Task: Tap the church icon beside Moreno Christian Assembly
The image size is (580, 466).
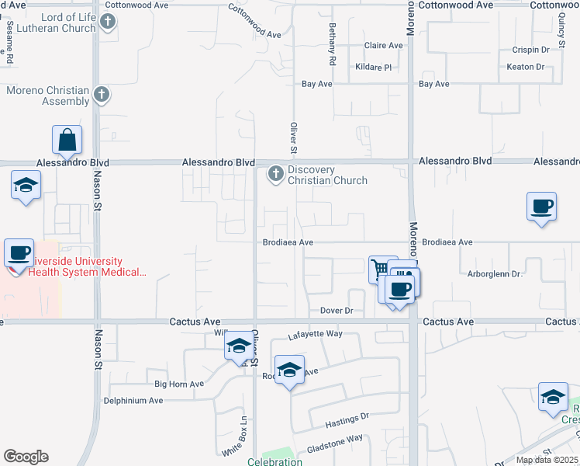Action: (x=101, y=96)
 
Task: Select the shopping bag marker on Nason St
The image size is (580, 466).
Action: (x=67, y=141)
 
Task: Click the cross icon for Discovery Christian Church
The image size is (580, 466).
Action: (x=275, y=174)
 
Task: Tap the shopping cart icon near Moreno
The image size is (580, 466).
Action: (x=381, y=270)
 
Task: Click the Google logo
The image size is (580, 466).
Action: (x=26, y=457)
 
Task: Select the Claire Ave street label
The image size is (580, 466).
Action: (x=384, y=46)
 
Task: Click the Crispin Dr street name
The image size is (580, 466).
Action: (x=530, y=50)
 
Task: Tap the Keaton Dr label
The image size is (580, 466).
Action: (x=526, y=67)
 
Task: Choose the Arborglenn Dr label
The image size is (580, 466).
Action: (x=495, y=274)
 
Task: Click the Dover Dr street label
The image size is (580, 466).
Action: (x=337, y=311)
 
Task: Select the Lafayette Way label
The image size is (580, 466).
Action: (x=315, y=334)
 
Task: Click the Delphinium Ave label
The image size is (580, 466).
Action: (x=133, y=401)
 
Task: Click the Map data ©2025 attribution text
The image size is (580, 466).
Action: (x=547, y=460)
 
